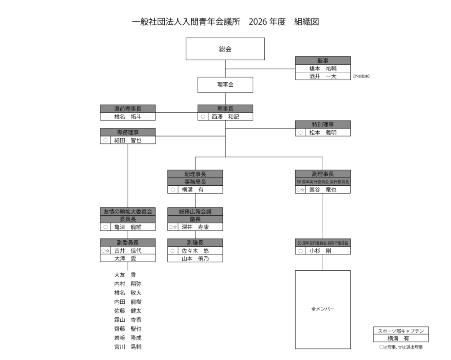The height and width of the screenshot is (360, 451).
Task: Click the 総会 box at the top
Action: click(225, 49)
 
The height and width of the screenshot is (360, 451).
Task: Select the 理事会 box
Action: click(225, 85)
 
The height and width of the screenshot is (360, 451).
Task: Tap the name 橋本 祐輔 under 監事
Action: click(322, 69)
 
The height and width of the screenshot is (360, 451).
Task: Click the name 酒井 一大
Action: click(322, 77)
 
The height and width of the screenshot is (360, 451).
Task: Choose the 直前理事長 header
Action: click(128, 109)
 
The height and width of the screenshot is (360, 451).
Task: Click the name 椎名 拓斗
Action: click(128, 117)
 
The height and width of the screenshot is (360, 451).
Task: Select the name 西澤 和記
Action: click(225, 117)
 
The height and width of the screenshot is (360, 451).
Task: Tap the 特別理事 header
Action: click(322, 125)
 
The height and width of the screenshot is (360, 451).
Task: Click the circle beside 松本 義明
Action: click(300, 132)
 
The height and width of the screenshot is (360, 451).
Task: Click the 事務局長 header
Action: click(195, 182)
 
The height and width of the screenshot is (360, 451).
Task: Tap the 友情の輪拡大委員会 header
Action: click(128, 212)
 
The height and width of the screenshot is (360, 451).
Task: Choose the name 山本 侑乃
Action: click(195, 258)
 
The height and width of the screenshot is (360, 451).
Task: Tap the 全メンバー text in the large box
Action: click(322, 309)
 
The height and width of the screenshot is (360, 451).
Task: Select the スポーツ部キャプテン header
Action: click(401, 331)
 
